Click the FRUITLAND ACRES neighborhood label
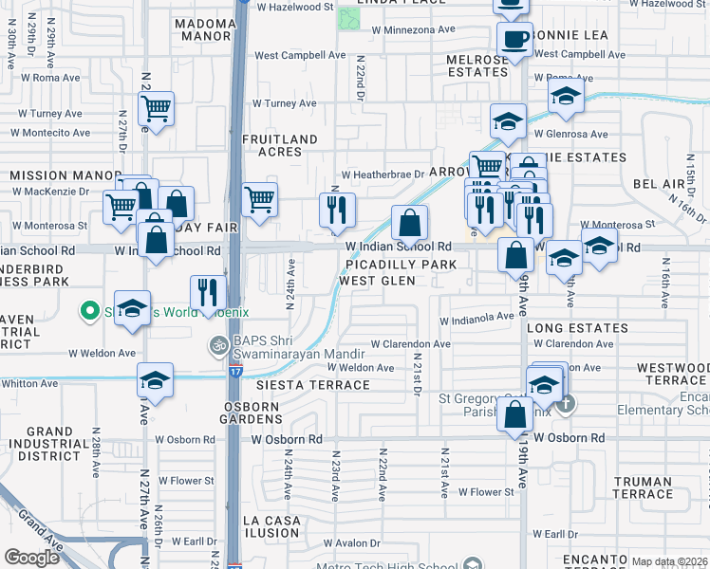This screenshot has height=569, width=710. coord(279,145)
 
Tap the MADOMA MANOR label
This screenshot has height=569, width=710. coord(202,29)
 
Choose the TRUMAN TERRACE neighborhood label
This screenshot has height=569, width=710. coord(643,487)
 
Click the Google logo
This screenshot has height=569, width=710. coord(32,558)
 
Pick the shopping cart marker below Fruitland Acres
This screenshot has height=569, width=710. coord(259,200)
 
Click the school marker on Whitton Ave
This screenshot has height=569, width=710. coord(155,380)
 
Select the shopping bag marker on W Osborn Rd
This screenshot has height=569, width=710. coord(514,414)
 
